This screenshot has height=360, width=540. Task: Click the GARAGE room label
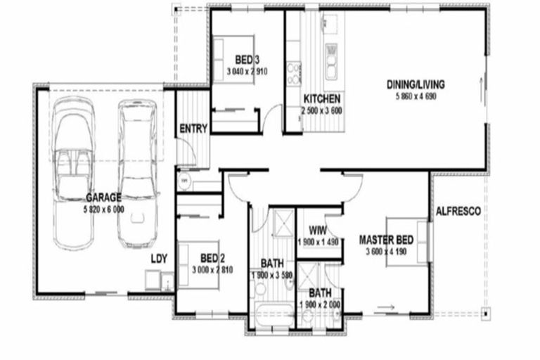click(104, 197)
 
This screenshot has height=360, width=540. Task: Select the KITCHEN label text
click(322, 98)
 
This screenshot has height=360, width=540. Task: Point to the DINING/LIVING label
click(416, 85)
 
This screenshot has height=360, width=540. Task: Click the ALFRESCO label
click(458, 211)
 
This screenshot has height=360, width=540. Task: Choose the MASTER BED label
click(384, 238)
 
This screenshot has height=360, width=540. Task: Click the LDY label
click(159, 258)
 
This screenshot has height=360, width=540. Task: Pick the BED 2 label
click(212, 257)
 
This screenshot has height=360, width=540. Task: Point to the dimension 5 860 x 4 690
click(416, 96)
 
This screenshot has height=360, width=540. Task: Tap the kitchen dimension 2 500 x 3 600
click(322, 110)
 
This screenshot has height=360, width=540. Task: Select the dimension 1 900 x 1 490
click(319, 242)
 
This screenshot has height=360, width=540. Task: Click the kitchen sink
click(330, 60)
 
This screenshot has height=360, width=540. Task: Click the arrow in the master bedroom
click(385, 307)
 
